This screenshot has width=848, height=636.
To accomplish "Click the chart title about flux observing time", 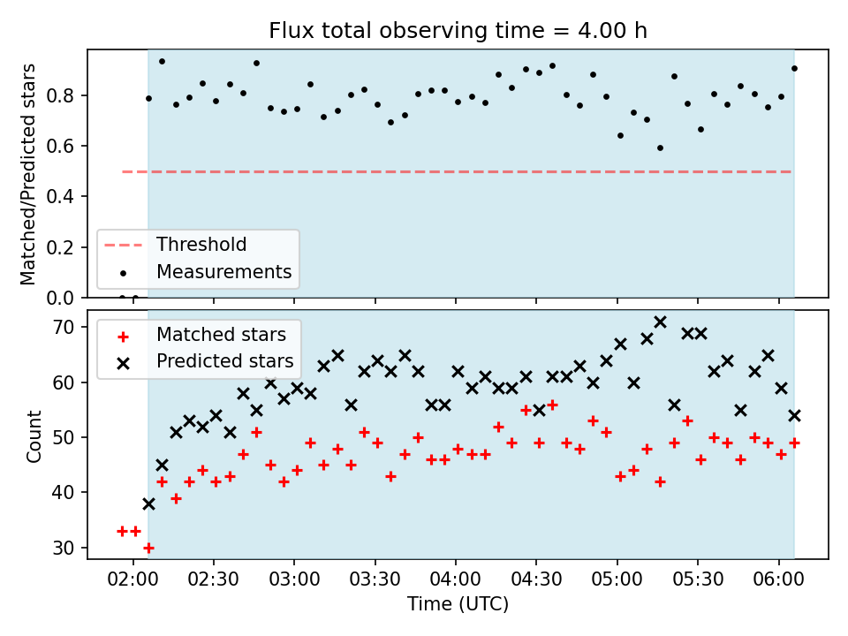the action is (458, 30).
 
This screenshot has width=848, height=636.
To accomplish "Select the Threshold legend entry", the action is (175, 245).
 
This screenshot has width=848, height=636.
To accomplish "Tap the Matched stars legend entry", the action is (201, 335).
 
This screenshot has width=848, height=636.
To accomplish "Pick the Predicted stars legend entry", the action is (205, 361).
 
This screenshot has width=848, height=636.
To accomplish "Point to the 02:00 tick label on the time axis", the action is (133, 579).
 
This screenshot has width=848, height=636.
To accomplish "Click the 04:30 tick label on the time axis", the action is (536, 579).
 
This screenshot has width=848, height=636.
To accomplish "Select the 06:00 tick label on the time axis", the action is (778, 579).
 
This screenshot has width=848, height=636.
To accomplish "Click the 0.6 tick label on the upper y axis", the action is (59, 146).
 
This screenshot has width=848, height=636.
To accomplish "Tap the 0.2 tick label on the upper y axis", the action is (59, 247).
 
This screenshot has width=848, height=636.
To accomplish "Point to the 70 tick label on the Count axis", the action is (64, 327).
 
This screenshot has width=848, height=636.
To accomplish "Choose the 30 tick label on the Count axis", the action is (64, 548).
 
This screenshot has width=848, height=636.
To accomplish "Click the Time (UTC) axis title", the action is (458, 603).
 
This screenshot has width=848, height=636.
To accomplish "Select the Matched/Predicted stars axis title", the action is (28, 174).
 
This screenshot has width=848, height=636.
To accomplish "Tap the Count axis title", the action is (34, 436).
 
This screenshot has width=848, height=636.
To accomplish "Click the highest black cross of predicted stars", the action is (660, 322).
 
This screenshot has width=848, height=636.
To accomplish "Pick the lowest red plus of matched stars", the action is (148, 548).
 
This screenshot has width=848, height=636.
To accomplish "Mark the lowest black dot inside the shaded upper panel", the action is (660, 148).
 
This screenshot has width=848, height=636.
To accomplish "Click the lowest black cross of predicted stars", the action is (148, 504).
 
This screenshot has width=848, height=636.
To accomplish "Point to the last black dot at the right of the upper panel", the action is (794, 69).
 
